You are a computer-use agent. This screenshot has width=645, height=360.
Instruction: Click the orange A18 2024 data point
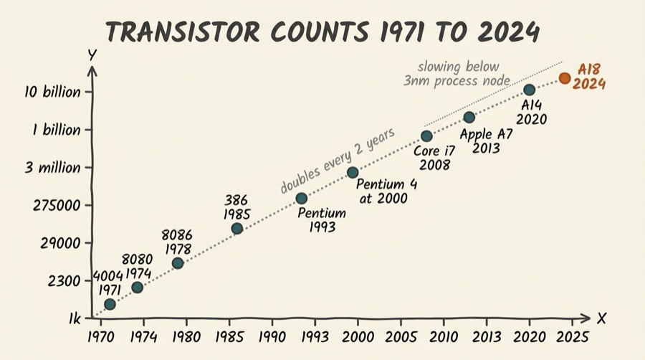click(x=565, y=78)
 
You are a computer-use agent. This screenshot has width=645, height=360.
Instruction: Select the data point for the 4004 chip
click(x=110, y=305)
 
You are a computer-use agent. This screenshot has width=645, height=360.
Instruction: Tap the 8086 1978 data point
click(x=178, y=263)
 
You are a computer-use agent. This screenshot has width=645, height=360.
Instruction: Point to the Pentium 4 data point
click(x=353, y=172)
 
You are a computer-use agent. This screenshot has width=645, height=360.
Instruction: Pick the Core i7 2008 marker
click(x=426, y=136)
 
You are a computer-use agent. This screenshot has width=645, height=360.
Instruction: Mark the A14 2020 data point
click(x=529, y=90)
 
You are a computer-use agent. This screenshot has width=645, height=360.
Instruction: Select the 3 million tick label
click(x=55, y=168)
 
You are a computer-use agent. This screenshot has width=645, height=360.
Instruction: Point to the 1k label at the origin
click(x=74, y=318)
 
